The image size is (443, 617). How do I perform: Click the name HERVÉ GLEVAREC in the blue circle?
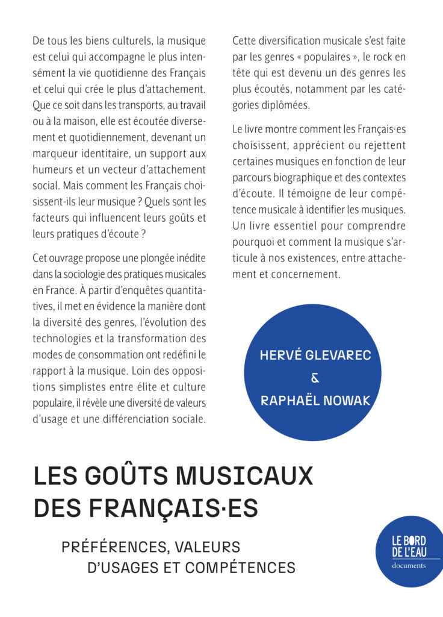point(315,355)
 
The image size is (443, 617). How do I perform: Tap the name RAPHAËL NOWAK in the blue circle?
point(315,401)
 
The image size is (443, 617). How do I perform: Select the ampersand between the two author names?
point(315,378)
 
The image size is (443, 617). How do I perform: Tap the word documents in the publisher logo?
point(409,565)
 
